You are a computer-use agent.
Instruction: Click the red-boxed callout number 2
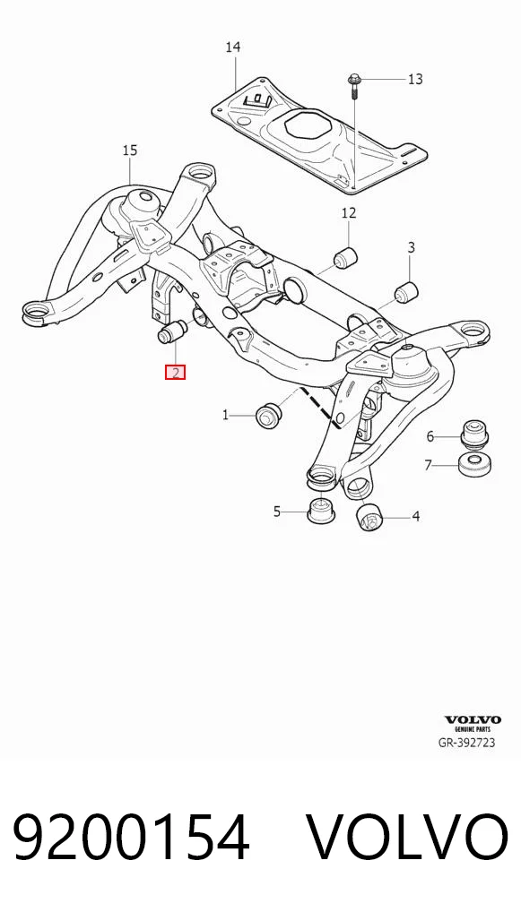175,372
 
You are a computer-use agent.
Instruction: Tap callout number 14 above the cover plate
233,47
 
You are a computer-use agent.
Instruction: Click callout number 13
415,79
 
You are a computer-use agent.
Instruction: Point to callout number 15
130,151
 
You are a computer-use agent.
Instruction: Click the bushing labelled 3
405,291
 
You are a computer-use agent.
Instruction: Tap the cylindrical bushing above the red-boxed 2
171,331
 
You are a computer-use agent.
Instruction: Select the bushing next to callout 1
268,415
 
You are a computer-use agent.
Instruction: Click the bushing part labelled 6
474,433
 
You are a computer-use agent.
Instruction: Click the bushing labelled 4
368,518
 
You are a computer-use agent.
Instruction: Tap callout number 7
429,465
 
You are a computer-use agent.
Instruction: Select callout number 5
277,512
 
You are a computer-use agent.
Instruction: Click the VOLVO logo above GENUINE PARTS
473,719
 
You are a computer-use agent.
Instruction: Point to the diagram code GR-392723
467,742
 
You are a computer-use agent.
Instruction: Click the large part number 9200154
131,837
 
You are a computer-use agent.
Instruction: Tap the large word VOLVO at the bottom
407,837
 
